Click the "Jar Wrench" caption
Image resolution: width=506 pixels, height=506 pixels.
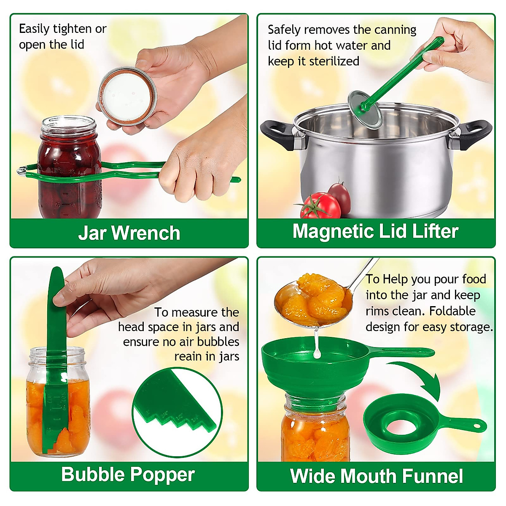pyautogui.click(x=129, y=233)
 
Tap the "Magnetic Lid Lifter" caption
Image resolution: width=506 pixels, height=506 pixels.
pyautogui.click(x=375, y=231)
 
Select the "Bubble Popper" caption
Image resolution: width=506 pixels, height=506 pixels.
pyautogui.click(x=128, y=474)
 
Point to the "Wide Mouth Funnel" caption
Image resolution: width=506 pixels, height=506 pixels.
pyautogui.click(x=376, y=476)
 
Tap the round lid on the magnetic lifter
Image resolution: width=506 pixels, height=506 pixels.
pyautogui.click(x=365, y=109)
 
